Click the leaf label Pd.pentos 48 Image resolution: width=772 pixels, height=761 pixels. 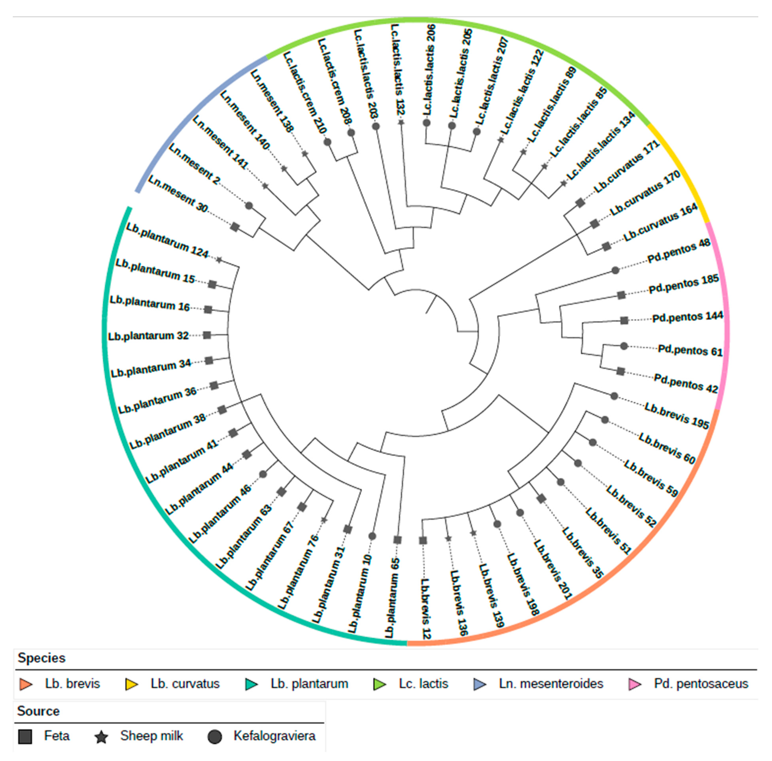tap(678, 251)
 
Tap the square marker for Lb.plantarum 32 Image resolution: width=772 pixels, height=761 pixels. tap(207, 335)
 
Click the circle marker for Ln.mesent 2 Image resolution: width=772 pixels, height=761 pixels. tap(249, 206)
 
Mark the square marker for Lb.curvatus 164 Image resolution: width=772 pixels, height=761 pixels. tap(606, 246)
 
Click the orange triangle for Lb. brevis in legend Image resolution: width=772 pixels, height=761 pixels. tap(26, 684)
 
